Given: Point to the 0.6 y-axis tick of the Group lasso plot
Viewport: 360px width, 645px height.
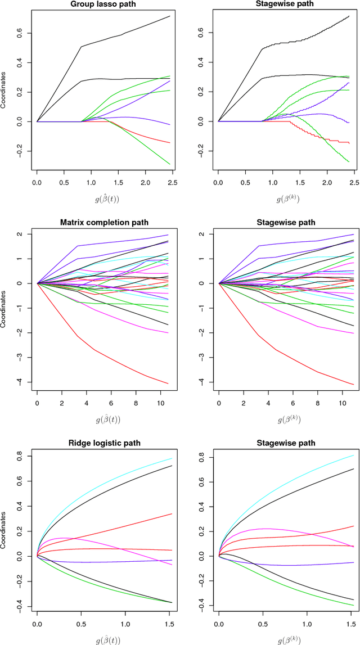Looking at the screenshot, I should [x=22, y=33].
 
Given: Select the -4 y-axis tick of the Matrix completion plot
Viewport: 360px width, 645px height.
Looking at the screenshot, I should [x=22, y=382].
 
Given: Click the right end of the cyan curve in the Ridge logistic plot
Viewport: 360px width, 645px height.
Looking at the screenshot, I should [x=172, y=459].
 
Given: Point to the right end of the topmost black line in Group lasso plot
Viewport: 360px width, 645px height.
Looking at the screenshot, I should [x=170, y=16].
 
